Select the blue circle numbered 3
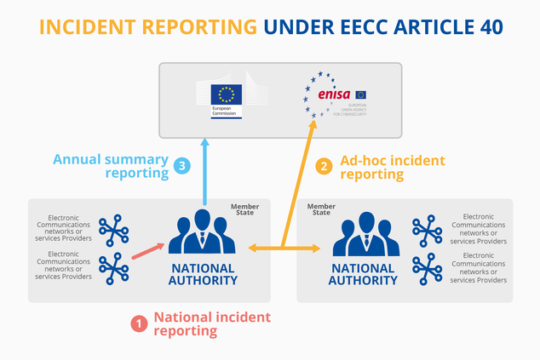[181, 166]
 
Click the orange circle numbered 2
[324, 166]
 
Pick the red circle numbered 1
[137, 323]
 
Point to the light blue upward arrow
[205, 170]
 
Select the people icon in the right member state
[365, 234]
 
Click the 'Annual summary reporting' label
[111, 166]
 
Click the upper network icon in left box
[112, 231]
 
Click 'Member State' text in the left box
[245, 209]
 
